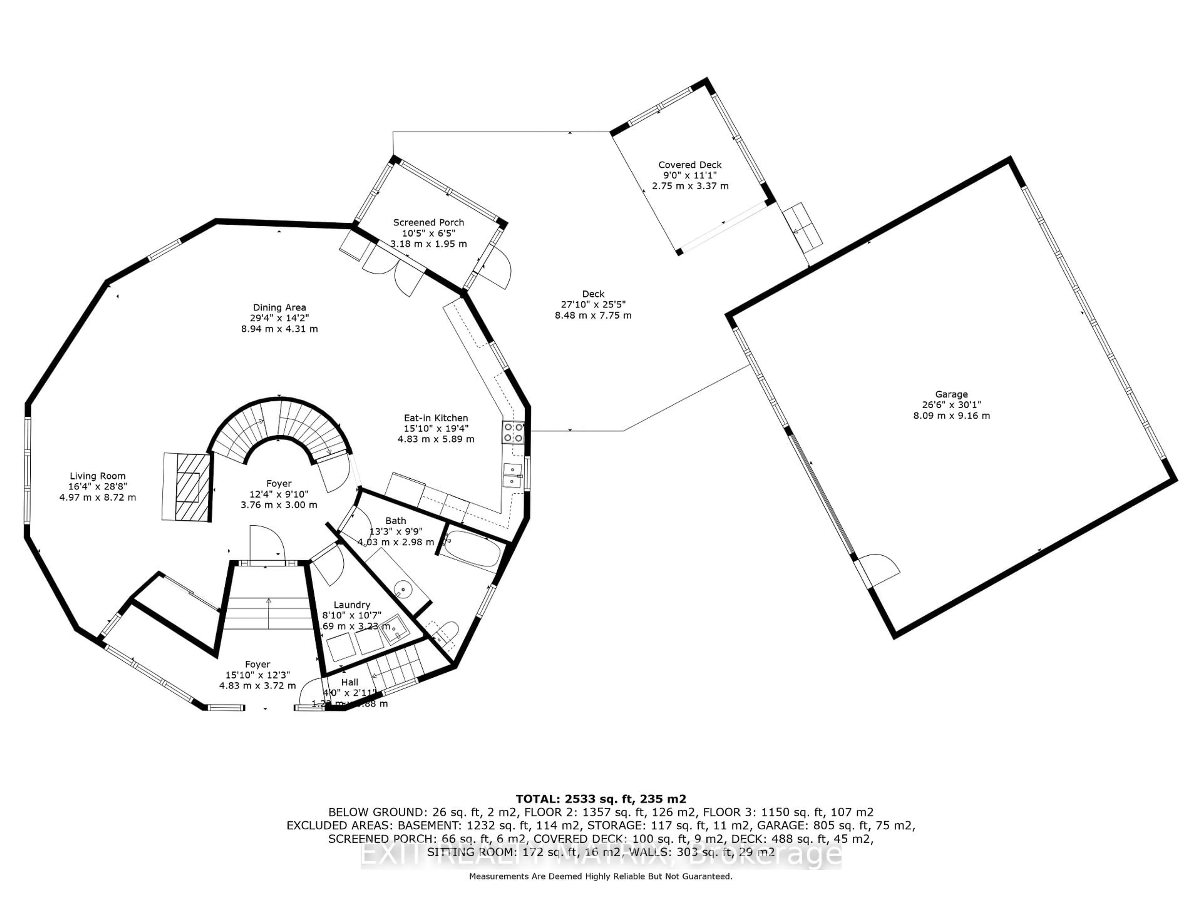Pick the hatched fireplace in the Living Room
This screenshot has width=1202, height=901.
186,487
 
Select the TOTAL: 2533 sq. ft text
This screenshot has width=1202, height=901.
600,799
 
